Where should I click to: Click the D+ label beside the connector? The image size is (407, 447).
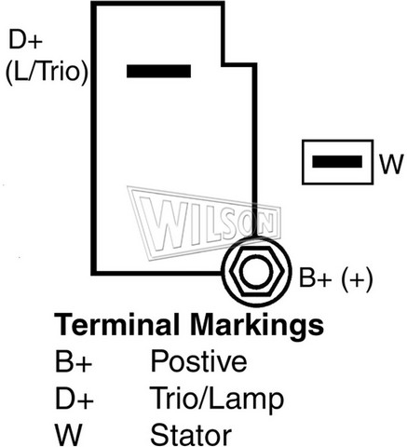point(25,39)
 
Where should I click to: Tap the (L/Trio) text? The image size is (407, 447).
point(47,71)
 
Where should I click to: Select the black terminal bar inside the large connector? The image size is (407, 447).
point(158,71)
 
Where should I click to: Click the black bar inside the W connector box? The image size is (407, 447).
point(337,162)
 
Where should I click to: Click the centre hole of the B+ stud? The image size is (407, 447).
point(257,272)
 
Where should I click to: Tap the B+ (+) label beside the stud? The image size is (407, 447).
point(335,278)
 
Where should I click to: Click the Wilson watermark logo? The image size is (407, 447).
point(205,223)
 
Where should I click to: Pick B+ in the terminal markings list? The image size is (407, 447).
point(74,361)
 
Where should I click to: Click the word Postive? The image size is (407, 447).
point(198,360)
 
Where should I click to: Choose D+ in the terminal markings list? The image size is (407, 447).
point(75,398)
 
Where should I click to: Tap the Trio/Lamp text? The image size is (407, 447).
point(217,400)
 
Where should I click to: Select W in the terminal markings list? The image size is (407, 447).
point(68,434)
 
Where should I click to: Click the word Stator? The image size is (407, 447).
point(191,434)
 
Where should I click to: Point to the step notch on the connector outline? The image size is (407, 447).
point(224,64)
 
